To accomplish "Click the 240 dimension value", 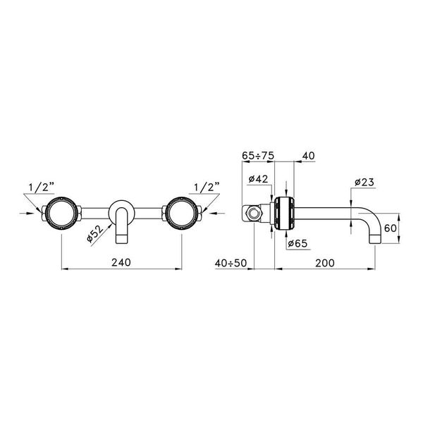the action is pyautogui.click(x=121, y=262).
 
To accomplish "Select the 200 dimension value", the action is pyautogui.click(x=325, y=263).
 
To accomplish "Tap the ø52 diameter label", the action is pyautogui.click(x=95, y=233).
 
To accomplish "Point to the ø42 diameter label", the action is pyautogui.click(x=258, y=178).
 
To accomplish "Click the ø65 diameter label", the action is pyautogui.click(x=298, y=243).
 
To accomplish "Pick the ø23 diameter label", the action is pyautogui.click(x=364, y=182).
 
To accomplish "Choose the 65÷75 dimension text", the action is pyautogui.click(x=258, y=156).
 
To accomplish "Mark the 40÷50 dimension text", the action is pyautogui.click(x=231, y=263).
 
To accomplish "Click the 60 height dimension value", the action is pyautogui.click(x=391, y=228).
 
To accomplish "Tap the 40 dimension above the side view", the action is pyautogui.click(x=308, y=156).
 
